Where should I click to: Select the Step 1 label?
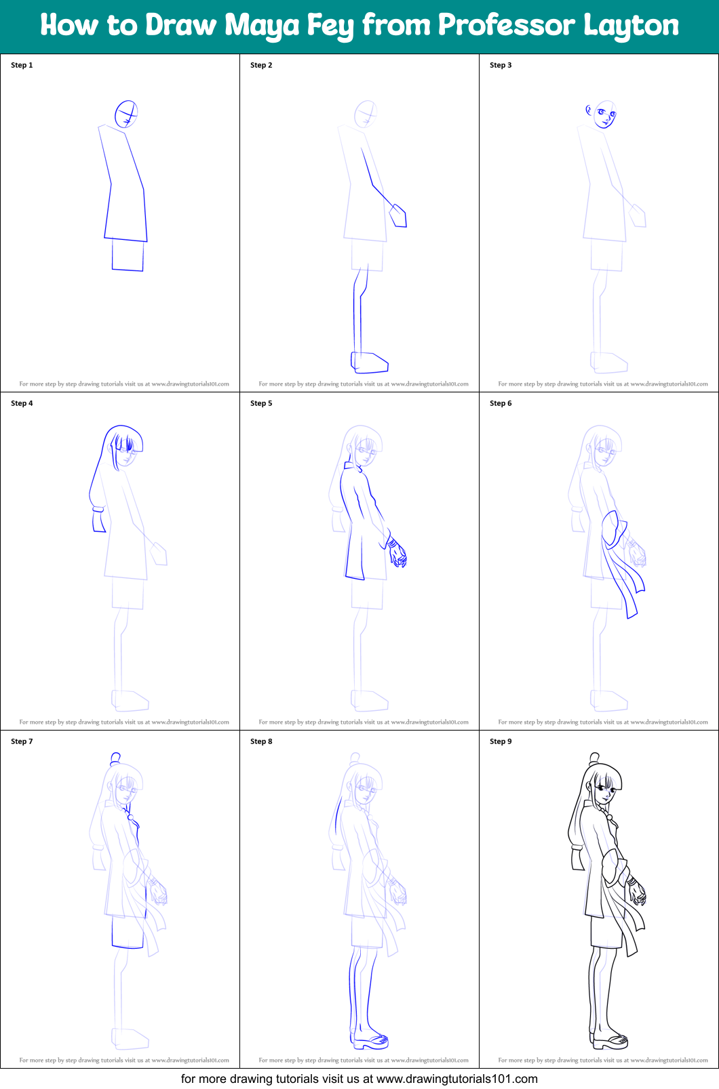pos(22,65)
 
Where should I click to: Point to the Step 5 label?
pos(261,403)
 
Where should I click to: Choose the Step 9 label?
pos(501,741)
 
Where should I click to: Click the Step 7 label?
pos(22,741)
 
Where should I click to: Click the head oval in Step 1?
pos(126,114)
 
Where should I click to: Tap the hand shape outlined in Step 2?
pos(398,215)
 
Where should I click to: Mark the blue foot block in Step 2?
pos(370,363)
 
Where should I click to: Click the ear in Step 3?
pos(589,110)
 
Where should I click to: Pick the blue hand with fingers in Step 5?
pos(397,554)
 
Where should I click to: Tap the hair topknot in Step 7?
pos(115,758)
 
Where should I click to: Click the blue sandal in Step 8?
pos(370,1040)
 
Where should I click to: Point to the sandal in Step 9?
pos(610,1040)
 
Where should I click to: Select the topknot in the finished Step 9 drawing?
pos(594,758)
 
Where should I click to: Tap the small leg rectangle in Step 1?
pos(128,255)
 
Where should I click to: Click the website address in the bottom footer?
pos(456,1079)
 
